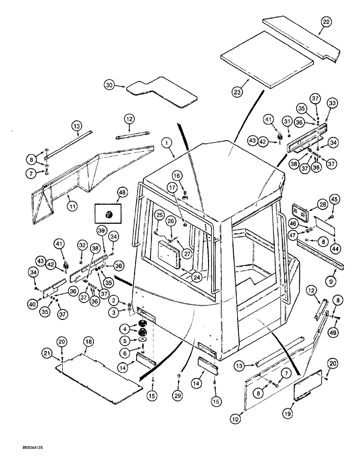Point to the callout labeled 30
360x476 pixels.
coord(110,85)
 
